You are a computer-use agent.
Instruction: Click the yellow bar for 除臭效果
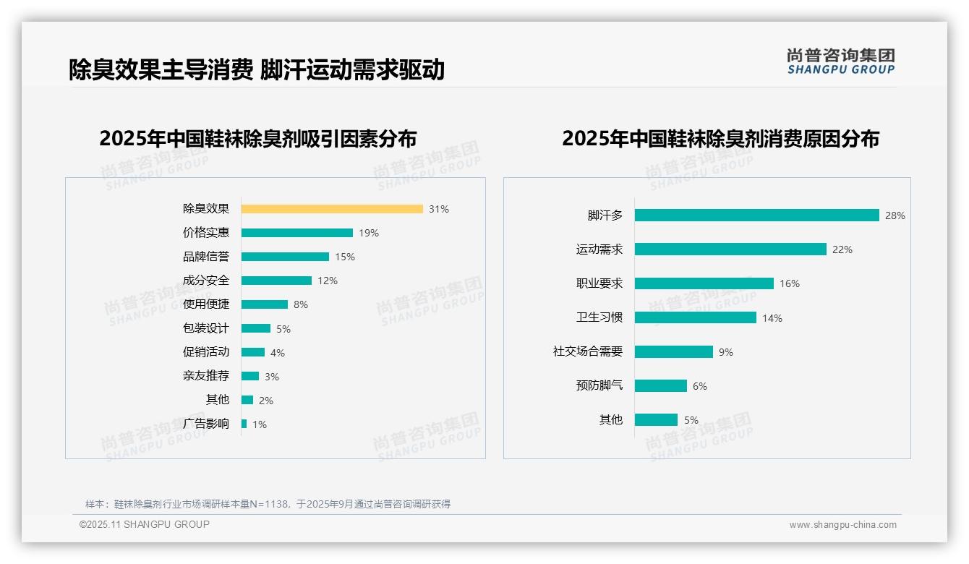click(x=332, y=209)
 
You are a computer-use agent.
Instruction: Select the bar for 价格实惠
click(x=297, y=233)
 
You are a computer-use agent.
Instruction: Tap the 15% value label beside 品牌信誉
click(x=345, y=257)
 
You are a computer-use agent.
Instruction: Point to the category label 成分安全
click(x=206, y=281)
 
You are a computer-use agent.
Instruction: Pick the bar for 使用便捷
click(x=265, y=304)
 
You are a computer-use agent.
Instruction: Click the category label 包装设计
click(x=206, y=328)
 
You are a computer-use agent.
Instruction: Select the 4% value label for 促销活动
click(x=278, y=353)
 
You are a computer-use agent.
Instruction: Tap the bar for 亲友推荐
click(x=250, y=376)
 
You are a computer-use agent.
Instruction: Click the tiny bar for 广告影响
click(x=244, y=424)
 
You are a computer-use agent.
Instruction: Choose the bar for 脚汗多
click(x=757, y=215)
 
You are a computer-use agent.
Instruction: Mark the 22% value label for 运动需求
click(x=842, y=249)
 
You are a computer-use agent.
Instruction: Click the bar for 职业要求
click(x=704, y=283)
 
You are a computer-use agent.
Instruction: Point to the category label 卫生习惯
click(x=599, y=317)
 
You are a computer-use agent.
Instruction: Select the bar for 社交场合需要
click(x=674, y=351)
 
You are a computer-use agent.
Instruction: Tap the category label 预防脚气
click(x=599, y=385)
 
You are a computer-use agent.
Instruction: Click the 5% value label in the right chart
click(x=691, y=420)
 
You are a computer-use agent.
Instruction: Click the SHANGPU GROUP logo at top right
click(x=841, y=61)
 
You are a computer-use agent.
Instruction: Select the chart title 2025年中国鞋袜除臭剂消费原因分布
click(x=720, y=139)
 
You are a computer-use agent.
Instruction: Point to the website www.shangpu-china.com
click(x=842, y=525)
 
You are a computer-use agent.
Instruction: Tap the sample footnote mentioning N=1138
click(x=268, y=504)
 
